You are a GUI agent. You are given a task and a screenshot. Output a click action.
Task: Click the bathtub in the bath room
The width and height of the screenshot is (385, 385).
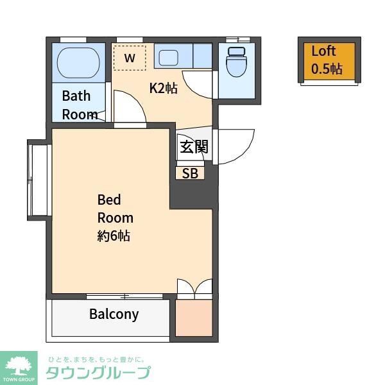click(78, 63)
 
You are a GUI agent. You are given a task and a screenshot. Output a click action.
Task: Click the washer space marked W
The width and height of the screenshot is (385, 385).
click(130, 58)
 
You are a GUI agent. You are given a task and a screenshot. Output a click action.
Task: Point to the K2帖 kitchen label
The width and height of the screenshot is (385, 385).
click(163, 89)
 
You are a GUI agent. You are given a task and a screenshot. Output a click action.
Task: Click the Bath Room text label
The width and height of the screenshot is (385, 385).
click(79, 105)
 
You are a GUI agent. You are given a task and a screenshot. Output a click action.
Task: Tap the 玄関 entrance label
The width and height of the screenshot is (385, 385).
click(193, 147)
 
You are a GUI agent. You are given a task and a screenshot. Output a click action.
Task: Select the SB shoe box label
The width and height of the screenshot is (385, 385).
click(190, 173)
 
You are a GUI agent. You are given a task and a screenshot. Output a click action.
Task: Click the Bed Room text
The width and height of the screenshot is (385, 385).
click(115, 208)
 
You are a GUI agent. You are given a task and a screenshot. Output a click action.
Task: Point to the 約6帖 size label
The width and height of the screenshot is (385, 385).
click(114, 235)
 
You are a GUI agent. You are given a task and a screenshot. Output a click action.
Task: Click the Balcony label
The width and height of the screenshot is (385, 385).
click(114, 314)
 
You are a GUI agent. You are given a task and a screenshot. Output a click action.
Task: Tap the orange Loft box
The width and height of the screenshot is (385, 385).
click(328, 60)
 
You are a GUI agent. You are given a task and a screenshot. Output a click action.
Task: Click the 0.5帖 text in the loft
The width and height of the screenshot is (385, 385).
click(327, 69)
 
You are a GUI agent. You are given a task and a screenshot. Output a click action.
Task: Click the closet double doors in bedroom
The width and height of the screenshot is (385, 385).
click(194, 287)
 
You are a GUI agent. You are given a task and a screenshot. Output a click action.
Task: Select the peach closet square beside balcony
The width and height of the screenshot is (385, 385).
click(193, 316)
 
